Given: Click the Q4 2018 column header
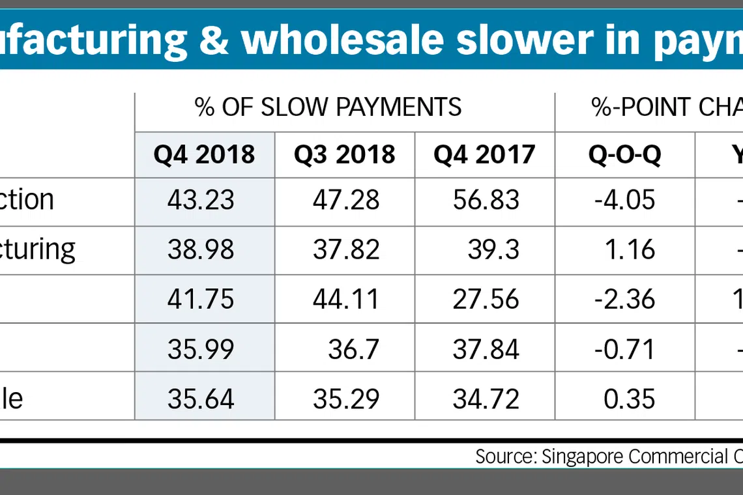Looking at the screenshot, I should point(204,154).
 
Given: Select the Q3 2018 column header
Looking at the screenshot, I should point(344,154).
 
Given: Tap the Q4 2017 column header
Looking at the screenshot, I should point(484,154).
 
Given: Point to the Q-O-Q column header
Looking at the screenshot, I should point(624,154).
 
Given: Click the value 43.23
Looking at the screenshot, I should point(201,200).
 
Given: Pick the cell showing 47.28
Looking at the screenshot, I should point(346,200).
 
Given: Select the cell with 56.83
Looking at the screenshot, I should point(486,200).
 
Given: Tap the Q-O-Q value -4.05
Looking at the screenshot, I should point(624,200).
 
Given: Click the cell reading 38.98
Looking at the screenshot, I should point(201,249).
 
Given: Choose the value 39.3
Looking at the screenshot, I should point(493,249).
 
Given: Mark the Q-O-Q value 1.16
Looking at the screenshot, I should point(629,249).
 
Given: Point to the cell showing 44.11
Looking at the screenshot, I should point(346,299).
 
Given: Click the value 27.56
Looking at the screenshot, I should point(486,299).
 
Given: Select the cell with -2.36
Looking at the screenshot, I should point(624,299).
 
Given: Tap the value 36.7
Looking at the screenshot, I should point(354,349).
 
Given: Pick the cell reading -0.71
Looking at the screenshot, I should point(624,349).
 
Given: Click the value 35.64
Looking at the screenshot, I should point(201,399).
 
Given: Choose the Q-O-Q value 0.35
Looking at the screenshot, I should point(629,399).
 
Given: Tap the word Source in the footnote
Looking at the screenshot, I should point(504,456).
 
